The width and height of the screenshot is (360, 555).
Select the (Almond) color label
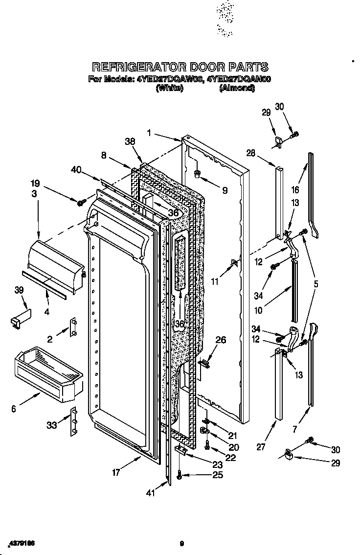[x=237, y=88]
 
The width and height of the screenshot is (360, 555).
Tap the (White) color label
[x=169, y=88]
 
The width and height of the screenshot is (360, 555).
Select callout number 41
[x=151, y=493]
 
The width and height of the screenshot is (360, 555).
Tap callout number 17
[x=116, y=473]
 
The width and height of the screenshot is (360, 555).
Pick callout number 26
[x=221, y=340]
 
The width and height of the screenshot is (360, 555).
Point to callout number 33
[x=52, y=425]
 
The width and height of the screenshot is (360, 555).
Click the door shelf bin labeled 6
[x=46, y=372]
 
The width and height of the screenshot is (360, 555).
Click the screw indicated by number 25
[x=180, y=476]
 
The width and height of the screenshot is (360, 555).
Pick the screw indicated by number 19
[x=80, y=201]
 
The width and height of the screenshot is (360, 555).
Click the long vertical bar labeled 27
[x=278, y=387]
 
